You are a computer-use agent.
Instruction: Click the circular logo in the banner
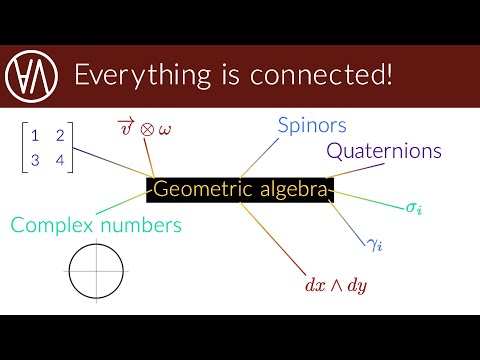tap(30, 74)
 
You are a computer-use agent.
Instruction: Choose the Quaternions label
tap(384, 152)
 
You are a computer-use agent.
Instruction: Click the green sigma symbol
tap(412, 208)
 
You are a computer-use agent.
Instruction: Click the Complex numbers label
tap(97, 225)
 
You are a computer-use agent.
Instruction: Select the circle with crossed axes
tap(97, 270)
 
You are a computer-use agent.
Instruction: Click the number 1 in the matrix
tap(34, 133)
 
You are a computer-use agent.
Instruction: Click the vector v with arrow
tap(124, 126)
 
